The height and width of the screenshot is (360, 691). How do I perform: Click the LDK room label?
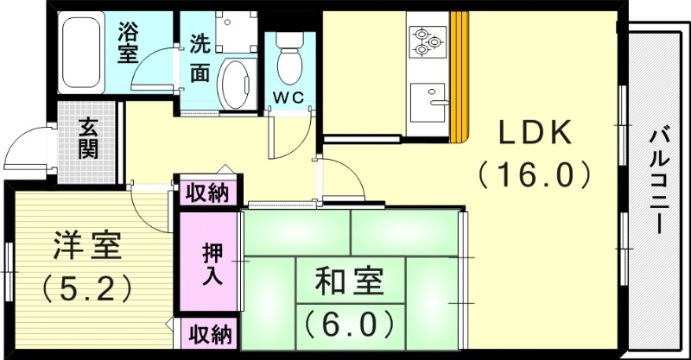532,134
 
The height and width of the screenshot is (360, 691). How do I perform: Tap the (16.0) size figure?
534,175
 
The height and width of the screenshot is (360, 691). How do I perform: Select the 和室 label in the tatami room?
349,283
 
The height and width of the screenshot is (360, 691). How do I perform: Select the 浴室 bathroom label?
129,43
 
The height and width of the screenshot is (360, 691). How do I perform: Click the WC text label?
288,97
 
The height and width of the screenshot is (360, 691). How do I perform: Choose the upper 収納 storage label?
208,192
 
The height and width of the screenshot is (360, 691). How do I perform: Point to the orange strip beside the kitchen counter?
459,78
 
